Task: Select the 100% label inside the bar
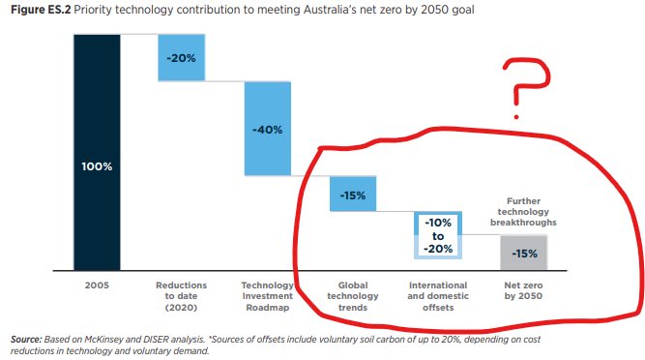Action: pos(97,165)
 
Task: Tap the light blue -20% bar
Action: pos(182,57)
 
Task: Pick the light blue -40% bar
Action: pos(268,129)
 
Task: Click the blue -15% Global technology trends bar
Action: pos(353,194)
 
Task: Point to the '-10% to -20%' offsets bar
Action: pos(438,235)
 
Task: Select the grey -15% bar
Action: pos(523,253)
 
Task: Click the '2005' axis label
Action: pos(97,285)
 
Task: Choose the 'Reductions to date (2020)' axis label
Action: pos(182,296)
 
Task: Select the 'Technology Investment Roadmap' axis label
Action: pos(268,296)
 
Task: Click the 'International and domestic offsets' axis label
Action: pos(438,296)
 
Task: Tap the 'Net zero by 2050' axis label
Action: pos(523,290)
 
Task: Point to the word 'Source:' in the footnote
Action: pos(26,342)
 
